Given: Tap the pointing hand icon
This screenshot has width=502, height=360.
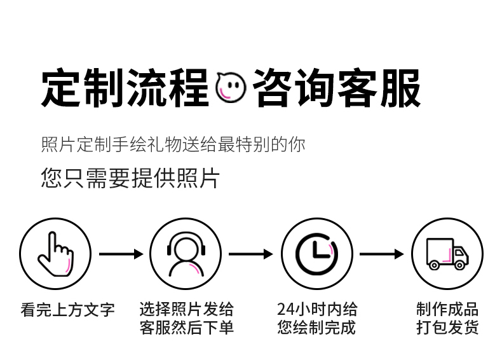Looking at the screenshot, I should (x=55, y=254).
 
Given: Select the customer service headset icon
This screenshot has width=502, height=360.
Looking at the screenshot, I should (x=186, y=254).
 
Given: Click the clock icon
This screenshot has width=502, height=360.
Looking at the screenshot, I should (x=316, y=254).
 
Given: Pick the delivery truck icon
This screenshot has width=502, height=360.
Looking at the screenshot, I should (x=447, y=254).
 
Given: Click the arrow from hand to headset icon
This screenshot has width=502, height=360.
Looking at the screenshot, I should (x=121, y=254).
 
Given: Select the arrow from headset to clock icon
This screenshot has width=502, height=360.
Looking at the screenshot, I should (x=251, y=254).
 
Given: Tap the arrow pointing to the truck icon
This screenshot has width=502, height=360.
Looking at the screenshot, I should (x=381, y=254).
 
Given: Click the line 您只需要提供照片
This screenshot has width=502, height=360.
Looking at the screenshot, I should (x=130, y=178).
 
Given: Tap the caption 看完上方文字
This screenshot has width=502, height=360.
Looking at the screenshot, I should (x=67, y=310).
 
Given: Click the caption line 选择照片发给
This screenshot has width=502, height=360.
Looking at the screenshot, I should (x=186, y=310).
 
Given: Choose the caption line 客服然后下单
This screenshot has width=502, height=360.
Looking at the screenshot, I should (x=186, y=328).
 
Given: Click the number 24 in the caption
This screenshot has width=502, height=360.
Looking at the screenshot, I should (x=285, y=310).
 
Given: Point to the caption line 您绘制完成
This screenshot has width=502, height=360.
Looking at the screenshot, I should (x=316, y=328).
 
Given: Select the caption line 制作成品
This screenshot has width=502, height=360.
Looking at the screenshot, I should (x=447, y=310).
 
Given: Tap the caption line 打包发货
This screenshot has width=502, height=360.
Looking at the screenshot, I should (x=447, y=328).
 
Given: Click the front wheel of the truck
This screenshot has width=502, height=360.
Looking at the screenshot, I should (x=460, y=265).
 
